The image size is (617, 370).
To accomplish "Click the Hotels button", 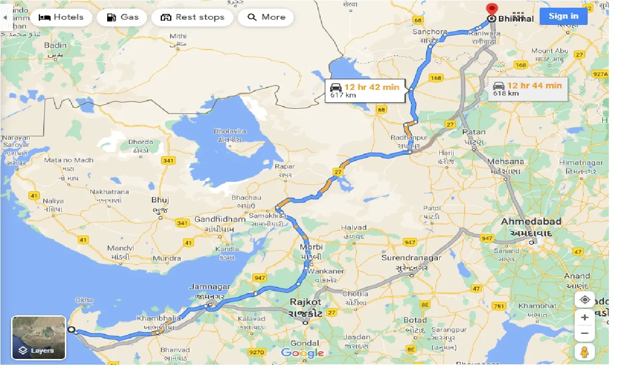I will (61, 17).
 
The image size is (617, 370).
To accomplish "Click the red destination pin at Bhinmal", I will (491, 10).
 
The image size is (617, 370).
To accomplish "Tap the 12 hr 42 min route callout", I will (365, 90).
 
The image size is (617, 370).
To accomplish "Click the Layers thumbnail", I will (38, 337).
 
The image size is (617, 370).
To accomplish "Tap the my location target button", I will (585, 300).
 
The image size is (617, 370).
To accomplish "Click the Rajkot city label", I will (305, 302).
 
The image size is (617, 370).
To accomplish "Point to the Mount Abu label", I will (550, 51).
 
